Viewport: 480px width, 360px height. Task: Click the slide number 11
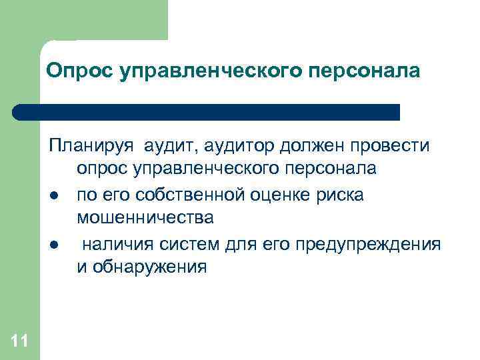(19, 342)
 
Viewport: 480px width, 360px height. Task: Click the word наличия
(117, 243)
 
